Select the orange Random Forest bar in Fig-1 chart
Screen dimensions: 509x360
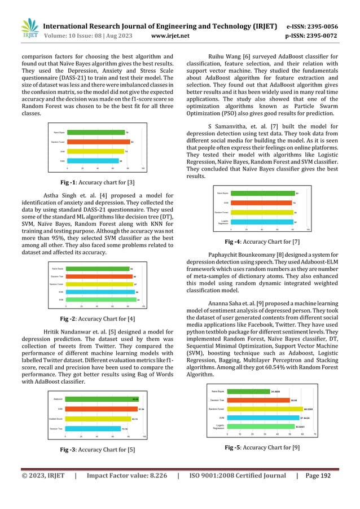click(x=98, y=142)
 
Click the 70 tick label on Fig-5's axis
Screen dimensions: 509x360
click(x=314, y=435)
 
